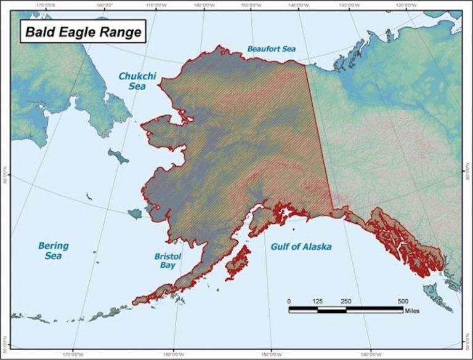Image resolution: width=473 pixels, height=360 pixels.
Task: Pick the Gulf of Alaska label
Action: click(x=301, y=247)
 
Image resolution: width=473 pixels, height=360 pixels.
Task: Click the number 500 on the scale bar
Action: click(x=403, y=300)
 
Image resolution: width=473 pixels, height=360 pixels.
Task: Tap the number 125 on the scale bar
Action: click(x=318, y=300)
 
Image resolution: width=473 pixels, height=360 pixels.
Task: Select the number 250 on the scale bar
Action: click(x=346, y=300)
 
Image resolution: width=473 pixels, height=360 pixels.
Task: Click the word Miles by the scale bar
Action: click(x=412, y=311)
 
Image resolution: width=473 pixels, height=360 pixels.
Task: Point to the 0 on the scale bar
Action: click(x=289, y=300)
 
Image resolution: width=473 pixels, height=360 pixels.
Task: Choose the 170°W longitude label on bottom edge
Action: click(x=73, y=356)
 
